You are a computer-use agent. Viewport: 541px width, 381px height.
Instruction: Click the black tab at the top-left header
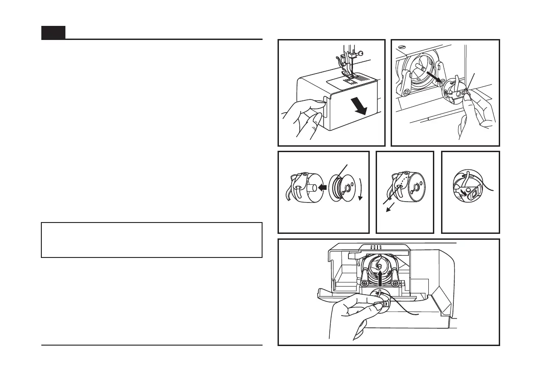[53, 33]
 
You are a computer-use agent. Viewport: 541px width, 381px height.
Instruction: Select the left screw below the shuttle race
[364, 283]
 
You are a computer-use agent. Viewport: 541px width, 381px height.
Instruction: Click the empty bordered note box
[152, 240]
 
